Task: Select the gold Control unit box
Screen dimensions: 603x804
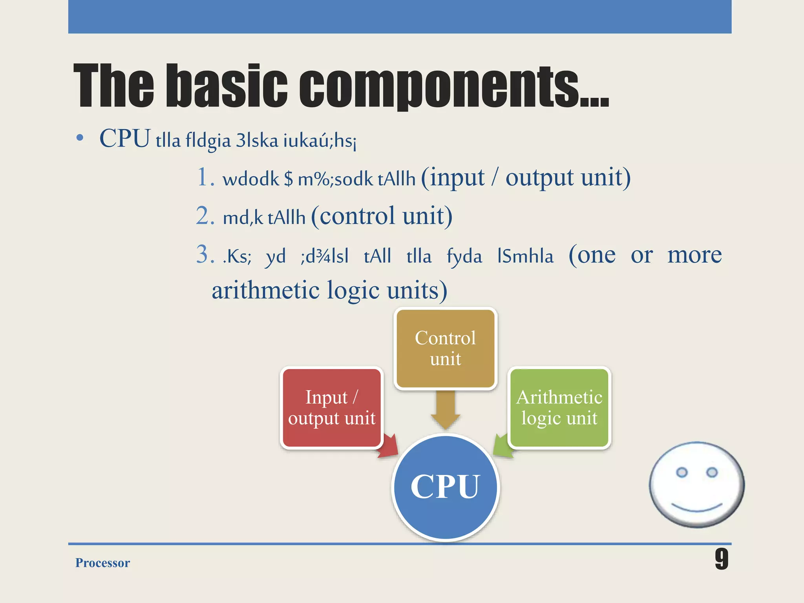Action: (x=445, y=348)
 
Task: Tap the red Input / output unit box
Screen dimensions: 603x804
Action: (x=332, y=407)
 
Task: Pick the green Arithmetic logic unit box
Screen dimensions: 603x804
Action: (x=559, y=407)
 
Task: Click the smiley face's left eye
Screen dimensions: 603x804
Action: (x=682, y=472)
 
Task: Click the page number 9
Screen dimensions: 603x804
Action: (x=721, y=559)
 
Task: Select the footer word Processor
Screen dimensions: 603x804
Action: (x=102, y=563)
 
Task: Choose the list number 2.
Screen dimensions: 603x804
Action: (x=204, y=216)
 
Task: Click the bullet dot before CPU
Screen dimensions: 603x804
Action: (x=80, y=138)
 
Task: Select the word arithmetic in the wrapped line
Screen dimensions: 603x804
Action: (x=265, y=291)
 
